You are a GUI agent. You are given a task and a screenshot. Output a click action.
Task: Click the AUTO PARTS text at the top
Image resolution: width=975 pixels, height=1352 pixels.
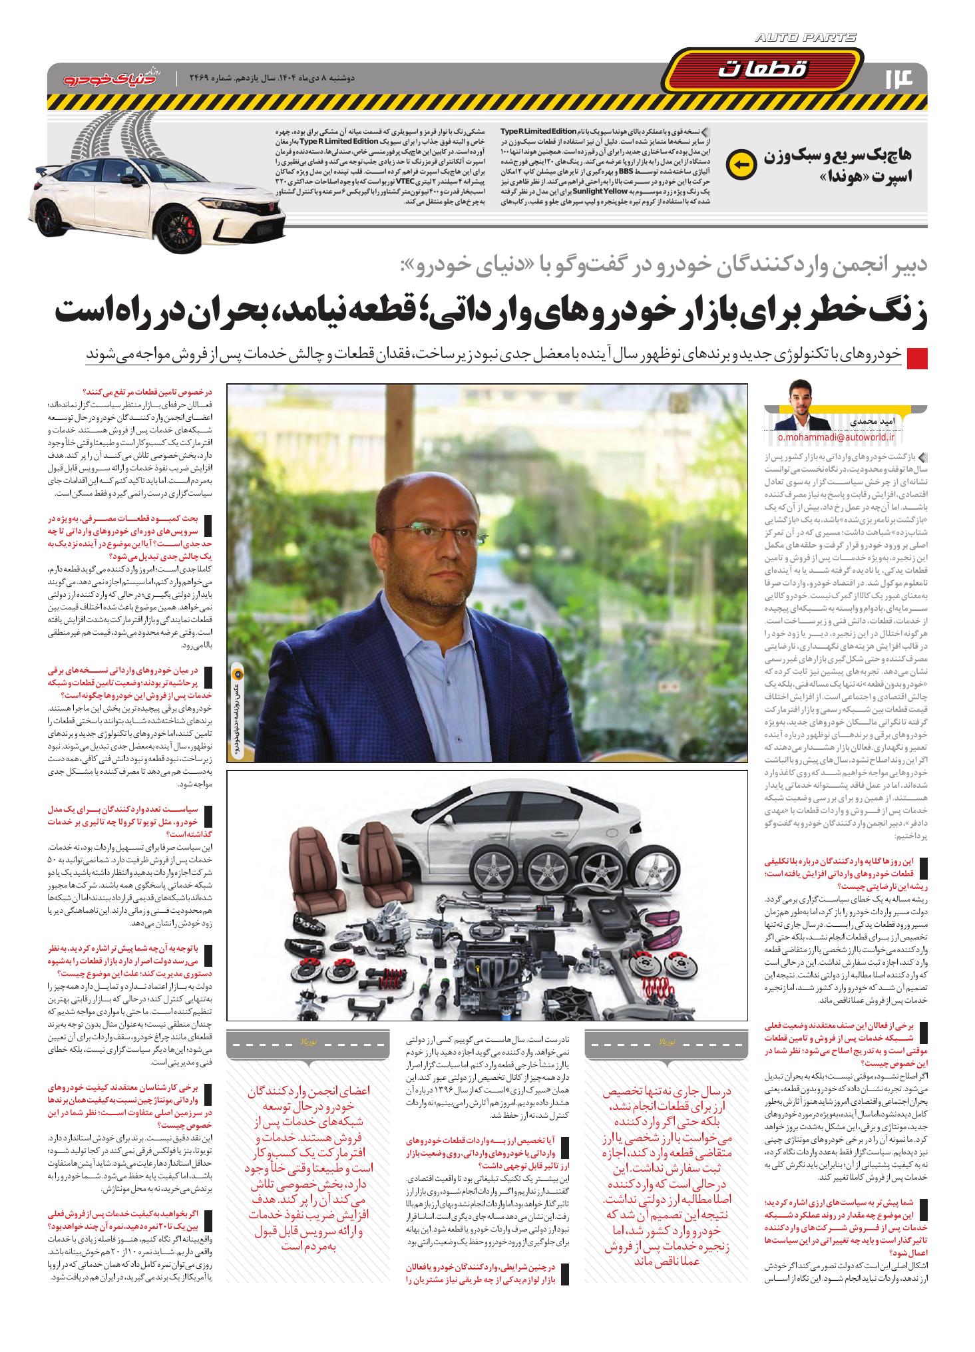pos(806,39)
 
